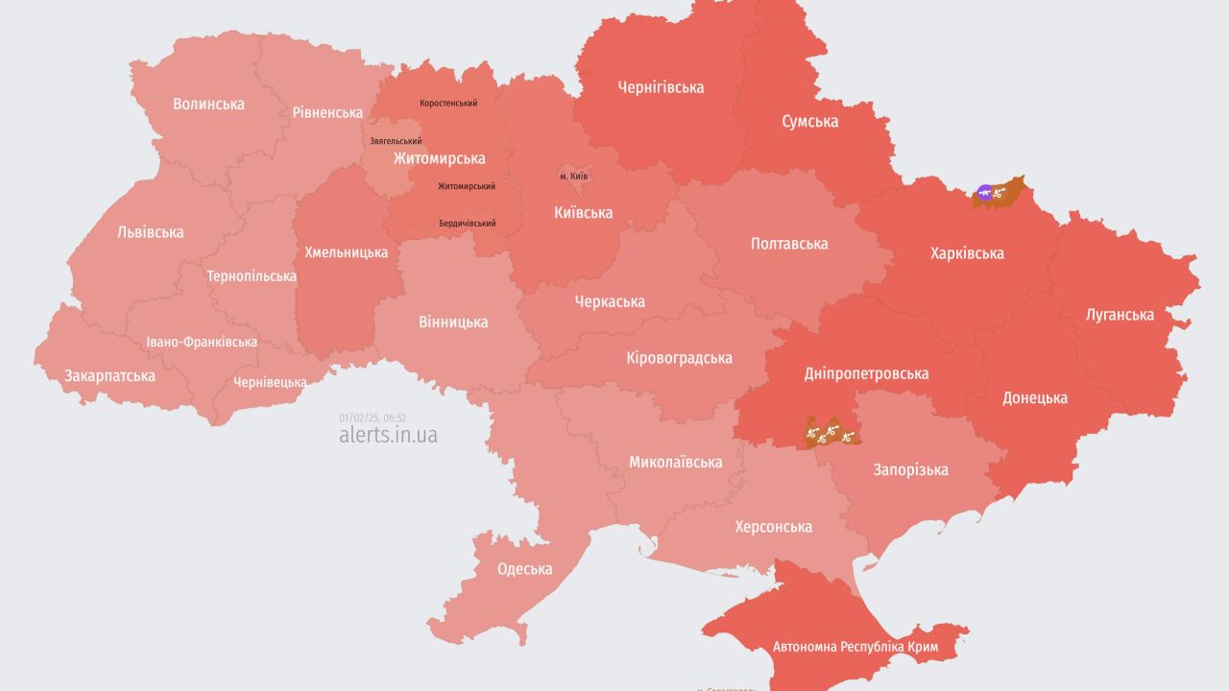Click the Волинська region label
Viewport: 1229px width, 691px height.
[208, 104]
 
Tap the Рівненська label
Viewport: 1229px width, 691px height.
[327, 112]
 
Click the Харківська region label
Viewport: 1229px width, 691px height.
[967, 253]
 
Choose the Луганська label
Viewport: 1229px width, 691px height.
[1120, 314]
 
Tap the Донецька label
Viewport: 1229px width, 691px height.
[1034, 397]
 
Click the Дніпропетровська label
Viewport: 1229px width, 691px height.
[866, 373]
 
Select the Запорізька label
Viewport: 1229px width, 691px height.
[910, 469]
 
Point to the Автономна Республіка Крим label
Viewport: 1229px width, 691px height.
[855, 646]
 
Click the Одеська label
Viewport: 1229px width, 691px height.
[524, 568]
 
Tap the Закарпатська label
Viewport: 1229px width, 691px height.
[109, 375]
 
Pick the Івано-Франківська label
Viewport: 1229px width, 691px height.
[202, 342]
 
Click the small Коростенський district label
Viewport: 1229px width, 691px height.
[448, 103]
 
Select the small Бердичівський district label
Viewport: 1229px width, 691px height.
[467, 223]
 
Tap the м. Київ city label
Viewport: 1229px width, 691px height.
[573, 177]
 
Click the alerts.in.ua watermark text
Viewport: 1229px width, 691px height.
[388, 435]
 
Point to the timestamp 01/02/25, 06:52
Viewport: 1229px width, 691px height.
[373, 417]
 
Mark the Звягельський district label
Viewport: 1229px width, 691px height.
[396, 141]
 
